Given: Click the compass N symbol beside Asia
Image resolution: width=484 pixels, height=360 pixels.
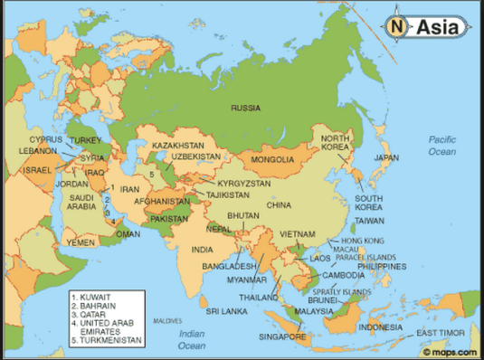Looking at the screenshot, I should [397, 27].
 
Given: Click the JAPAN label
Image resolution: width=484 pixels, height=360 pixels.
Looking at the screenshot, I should [386, 156].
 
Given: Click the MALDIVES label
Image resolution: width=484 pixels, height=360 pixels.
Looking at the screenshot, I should [166, 321].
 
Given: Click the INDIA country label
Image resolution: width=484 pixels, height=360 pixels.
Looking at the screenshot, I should [203, 249].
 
